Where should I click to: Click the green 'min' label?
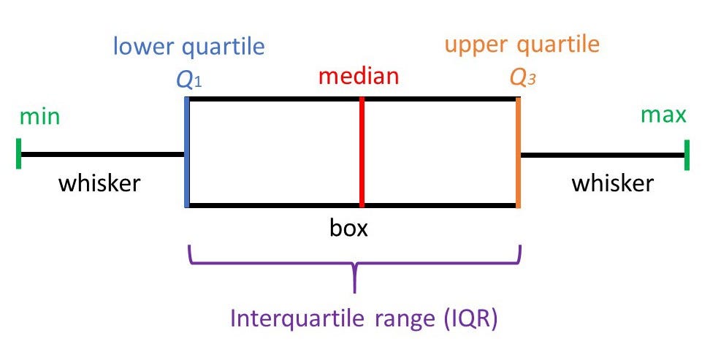click(39, 117)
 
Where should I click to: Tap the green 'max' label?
click(663, 115)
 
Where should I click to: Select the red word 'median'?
click(359, 76)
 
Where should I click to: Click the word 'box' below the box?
click(348, 229)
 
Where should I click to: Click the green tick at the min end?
click(18, 155)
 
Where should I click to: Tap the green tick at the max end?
click(687, 155)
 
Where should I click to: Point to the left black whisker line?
click(102, 155)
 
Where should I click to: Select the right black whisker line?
click(603, 155)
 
